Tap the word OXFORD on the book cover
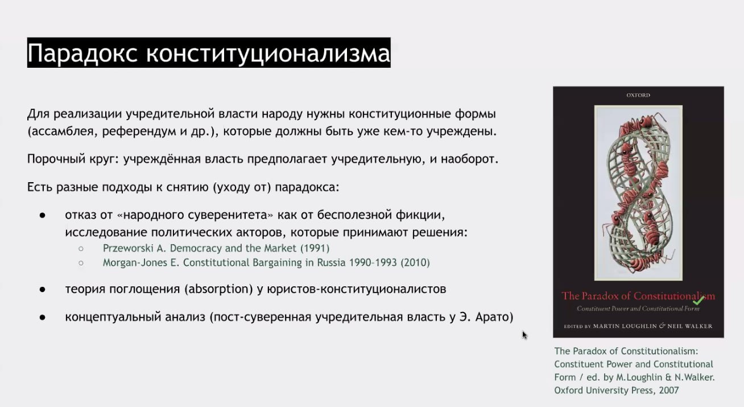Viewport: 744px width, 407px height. point(638,95)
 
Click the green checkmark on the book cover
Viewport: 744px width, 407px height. point(698,300)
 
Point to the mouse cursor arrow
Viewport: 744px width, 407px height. point(524,335)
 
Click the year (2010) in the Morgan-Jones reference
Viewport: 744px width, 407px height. point(415,262)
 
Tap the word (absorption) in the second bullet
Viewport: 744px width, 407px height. point(219,289)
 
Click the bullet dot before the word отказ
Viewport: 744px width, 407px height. point(42,216)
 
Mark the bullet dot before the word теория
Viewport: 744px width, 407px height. point(42,290)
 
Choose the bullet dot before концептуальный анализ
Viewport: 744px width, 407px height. point(42,318)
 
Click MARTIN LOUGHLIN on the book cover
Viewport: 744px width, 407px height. point(625,326)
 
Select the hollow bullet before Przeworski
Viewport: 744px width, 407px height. point(81,248)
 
